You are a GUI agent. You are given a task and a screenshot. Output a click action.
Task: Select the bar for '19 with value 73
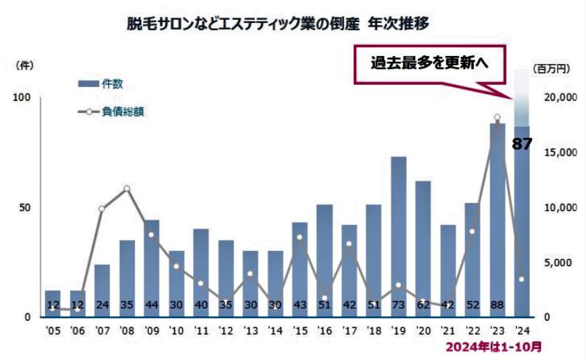399,236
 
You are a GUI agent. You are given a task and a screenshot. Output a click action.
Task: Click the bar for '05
52,303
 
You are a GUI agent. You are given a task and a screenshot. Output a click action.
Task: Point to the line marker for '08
127,189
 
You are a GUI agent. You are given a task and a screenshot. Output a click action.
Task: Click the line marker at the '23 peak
498,117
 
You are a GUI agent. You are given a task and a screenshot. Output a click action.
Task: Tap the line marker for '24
522,279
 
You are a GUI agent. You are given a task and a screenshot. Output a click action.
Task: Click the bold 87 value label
522,144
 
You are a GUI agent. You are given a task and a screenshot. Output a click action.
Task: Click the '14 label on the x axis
275,330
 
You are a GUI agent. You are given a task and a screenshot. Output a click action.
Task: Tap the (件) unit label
24,65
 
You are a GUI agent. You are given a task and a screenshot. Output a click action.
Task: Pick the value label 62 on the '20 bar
423,305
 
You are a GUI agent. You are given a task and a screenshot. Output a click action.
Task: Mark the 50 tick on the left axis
24,207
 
